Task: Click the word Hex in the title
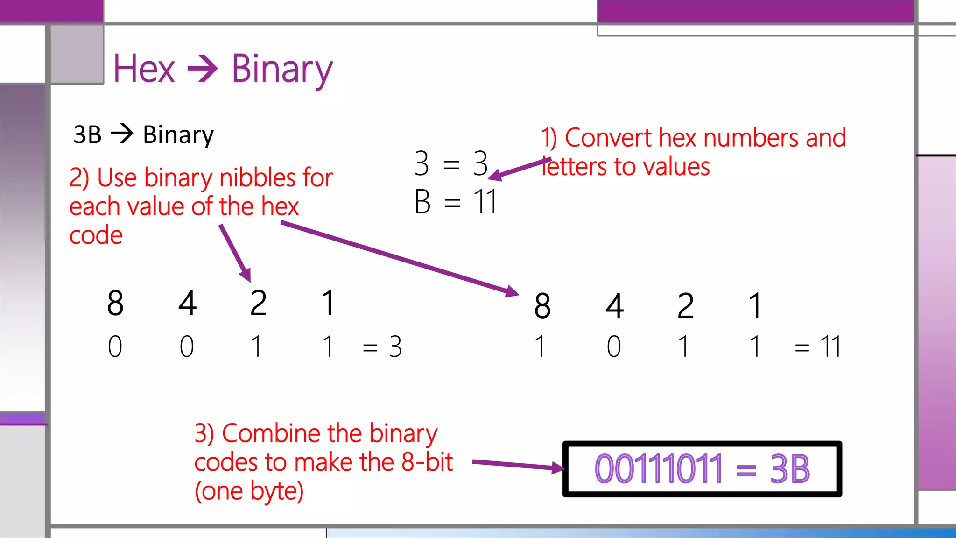coord(144,69)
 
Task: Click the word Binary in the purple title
coord(281,70)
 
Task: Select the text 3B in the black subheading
coord(87,135)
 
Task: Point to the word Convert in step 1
coord(608,138)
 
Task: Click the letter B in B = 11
coord(422,202)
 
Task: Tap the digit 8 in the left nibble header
coord(115,303)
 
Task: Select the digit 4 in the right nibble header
coord(614,306)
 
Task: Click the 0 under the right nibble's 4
coord(614,347)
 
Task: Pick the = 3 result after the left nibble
coord(382,347)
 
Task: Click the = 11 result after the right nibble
coord(818,347)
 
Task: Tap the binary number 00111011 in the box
coord(658,469)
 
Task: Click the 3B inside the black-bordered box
coord(789,469)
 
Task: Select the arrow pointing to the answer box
coord(518,465)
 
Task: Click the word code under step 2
coord(96,235)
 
